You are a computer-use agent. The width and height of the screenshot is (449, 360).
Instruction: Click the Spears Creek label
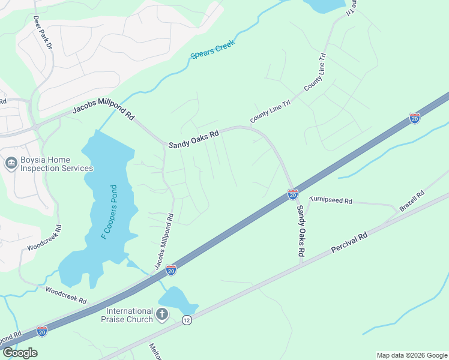click(212, 50)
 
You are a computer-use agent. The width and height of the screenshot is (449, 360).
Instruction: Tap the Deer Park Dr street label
click(43, 34)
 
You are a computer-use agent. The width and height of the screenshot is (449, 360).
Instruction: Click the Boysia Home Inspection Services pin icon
click(10, 164)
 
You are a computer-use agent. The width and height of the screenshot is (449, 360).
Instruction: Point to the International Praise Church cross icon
click(162, 314)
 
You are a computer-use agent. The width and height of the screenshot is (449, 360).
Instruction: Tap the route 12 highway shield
click(187, 320)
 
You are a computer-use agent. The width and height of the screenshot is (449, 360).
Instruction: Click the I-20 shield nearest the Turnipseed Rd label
click(293, 194)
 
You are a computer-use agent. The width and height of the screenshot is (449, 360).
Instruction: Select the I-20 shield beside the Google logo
click(41, 331)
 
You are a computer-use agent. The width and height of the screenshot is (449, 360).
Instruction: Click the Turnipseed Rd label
click(330, 200)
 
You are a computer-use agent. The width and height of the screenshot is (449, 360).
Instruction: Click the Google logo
click(20, 353)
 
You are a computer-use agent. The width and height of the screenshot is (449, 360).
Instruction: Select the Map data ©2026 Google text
click(412, 355)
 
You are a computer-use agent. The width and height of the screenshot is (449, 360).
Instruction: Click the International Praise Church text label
click(130, 315)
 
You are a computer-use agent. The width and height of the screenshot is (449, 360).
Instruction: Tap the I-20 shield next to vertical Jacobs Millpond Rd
click(171, 270)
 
